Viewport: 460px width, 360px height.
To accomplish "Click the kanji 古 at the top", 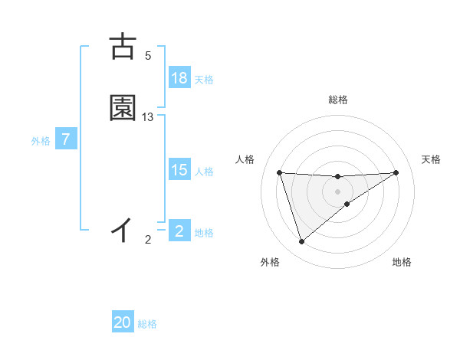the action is pyautogui.click(x=123, y=47).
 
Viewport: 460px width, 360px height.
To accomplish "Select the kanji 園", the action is pyautogui.click(x=123, y=108).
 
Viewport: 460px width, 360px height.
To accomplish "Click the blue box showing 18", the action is pyautogui.click(x=179, y=78).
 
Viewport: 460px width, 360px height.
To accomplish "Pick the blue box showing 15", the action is pyautogui.click(x=179, y=171).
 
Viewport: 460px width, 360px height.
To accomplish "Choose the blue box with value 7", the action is pyautogui.click(x=66, y=140).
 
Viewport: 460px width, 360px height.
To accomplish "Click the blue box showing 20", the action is pyautogui.click(x=123, y=323).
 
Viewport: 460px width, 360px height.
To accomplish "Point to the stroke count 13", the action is pyautogui.click(x=148, y=117).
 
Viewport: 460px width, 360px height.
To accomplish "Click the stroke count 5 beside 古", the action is pyautogui.click(x=148, y=56).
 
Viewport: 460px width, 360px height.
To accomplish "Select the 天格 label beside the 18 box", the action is pyautogui.click(x=204, y=80).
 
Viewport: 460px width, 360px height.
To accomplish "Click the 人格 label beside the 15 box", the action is pyautogui.click(x=204, y=172).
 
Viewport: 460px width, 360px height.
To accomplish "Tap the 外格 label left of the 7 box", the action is pyautogui.click(x=41, y=141).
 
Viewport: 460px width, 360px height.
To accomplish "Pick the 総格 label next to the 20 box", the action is pyautogui.click(x=147, y=324).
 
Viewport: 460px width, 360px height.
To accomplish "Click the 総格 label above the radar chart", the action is pyautogui.click(x=338, y=100).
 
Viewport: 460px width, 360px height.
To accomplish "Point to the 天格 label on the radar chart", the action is pyautogui.click(x=432, y=159).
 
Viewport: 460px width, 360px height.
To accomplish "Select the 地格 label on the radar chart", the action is pyautogui.click(x=402, y=263).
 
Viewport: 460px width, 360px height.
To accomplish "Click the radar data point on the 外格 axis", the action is pyautogui.click(x=301, y=242).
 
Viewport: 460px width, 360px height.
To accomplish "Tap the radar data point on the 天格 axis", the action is pyautogui.click(x=396, y=172).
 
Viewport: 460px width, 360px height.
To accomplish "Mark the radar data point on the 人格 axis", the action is pyautogui.click(x=280, y=172).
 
